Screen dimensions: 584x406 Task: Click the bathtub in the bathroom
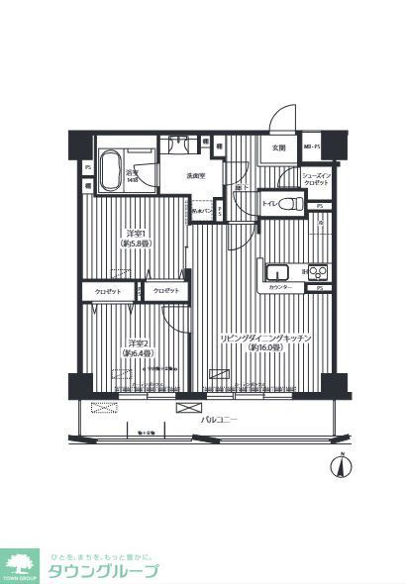click(x=111, y=162)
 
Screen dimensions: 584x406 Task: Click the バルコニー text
click(x=219, y=420)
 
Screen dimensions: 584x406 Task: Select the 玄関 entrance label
click(x=278, y=148)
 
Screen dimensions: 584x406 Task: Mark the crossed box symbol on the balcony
click(x=187, y=407)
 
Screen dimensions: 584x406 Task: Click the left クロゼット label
click(x=108, y=291)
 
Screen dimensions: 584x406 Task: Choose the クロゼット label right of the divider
click(x=165, y=290)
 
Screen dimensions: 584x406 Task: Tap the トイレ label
click(x=268, y=204)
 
